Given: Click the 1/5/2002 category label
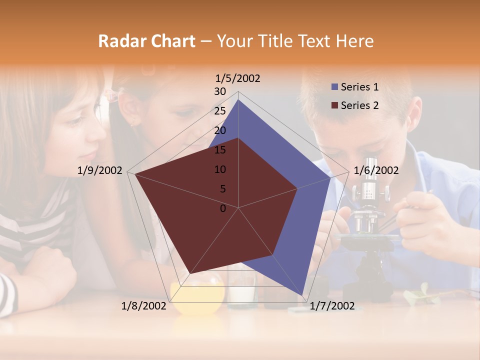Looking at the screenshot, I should point(238,78).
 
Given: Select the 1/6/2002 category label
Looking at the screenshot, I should point(376,170).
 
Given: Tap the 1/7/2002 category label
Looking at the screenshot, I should point(332,306).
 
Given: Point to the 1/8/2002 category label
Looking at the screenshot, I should point(144,306).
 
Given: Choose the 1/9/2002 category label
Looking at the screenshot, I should point(100,170).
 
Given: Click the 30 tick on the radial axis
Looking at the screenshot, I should point(220,91).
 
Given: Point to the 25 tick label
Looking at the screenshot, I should point(220,111).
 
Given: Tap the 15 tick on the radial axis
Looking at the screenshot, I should point(220,150).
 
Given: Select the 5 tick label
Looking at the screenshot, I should point(222,189).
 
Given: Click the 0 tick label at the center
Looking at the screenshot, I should point(223,208).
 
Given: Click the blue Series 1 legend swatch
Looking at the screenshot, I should point(334,87).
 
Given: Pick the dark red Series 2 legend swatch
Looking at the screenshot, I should point(334,105).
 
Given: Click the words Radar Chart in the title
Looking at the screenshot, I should point(146,41).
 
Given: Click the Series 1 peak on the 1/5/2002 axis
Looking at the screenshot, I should point(238,100).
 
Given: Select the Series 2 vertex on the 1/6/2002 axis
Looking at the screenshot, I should point(297,188).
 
